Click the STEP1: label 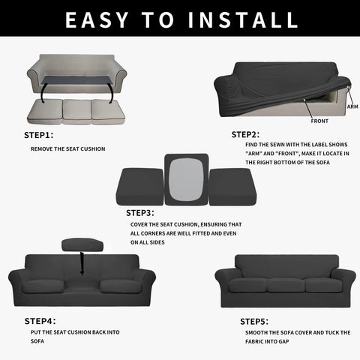coord(38,136)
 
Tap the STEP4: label coord(38,320)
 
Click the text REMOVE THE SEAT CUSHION coord(67,148)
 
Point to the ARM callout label coord(352,106)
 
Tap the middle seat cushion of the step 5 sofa coord(285,285)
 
